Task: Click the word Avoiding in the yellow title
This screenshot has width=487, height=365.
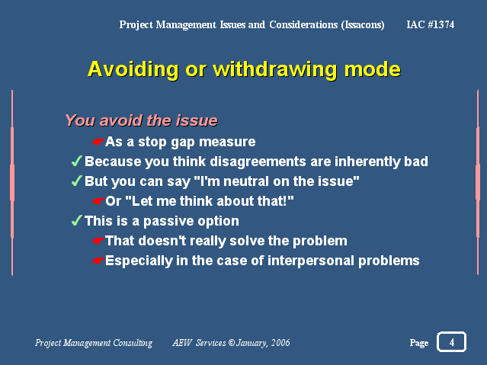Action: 133,69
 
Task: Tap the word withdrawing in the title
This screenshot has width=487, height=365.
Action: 274,69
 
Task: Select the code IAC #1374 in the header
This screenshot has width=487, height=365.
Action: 430,24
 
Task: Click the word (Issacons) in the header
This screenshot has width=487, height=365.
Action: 363,25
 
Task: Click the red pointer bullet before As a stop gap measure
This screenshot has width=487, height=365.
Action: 98,142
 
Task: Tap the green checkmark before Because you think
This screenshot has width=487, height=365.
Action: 76,162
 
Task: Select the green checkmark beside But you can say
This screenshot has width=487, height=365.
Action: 76,181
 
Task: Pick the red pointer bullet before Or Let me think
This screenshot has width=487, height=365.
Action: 98,201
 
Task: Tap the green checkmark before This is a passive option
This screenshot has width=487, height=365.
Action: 76,220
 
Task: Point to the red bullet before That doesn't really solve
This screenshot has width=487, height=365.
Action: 98,241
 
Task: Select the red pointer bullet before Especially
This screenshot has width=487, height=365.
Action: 98,261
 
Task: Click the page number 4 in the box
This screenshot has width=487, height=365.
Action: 452,342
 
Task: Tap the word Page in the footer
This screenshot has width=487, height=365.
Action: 419,343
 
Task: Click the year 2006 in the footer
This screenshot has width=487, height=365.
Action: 280,343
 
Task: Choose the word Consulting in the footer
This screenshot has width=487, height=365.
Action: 133,343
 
